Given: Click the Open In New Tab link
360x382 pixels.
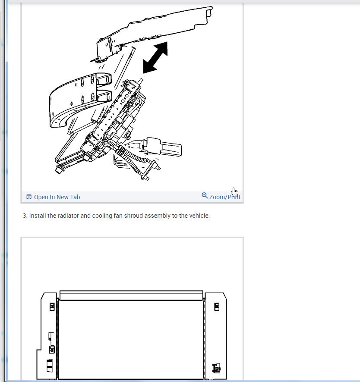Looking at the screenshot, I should click(x=57, y=197).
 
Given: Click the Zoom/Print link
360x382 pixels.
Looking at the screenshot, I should click(x=224, y=197).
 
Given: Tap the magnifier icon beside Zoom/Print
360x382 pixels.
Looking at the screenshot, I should click(x=205, y=196).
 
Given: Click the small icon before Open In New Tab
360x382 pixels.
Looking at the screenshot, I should click(x=29, y=197).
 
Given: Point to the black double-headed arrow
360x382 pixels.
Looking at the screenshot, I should click(x=155, y=57).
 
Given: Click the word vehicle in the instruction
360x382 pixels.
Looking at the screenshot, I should click(x=198, y=216).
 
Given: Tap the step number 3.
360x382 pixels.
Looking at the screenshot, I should click(x=24, y=216).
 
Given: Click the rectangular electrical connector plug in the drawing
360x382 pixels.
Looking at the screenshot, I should click(x=164, y=148).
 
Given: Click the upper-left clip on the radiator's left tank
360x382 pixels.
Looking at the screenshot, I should click(x=52, y=306).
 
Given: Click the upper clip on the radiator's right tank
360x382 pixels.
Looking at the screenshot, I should click(x=217, y=306).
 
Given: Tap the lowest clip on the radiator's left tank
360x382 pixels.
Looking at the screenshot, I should click(x=49, y=365).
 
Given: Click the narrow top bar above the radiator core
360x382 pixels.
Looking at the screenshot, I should click(x=131, y=295).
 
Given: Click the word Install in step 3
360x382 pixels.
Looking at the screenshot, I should click(x=38, y=216).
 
